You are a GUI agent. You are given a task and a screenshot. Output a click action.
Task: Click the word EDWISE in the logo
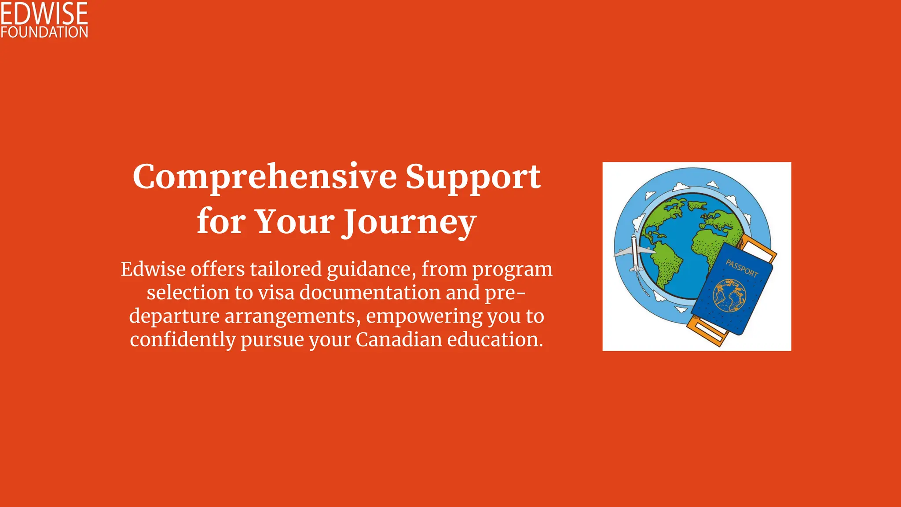click(x=44, y=13)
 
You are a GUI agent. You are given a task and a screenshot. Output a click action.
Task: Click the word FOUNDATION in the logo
click(x=44, y=32)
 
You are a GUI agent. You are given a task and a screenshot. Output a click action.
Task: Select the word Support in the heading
click(x=472, y=177)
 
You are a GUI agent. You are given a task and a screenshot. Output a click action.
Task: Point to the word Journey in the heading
click(x=410, y=222)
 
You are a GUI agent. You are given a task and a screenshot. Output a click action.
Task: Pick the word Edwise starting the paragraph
click(x=153, y=269)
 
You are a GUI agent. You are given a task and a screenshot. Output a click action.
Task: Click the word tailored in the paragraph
click(x=286, y=269)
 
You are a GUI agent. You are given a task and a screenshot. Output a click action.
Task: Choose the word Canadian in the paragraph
click(x=399, y=340)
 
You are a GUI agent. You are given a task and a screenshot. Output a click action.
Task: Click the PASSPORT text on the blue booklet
click(x=742, y=268)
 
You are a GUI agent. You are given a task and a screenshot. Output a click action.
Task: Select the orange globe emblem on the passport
click(x=729, y=295)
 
